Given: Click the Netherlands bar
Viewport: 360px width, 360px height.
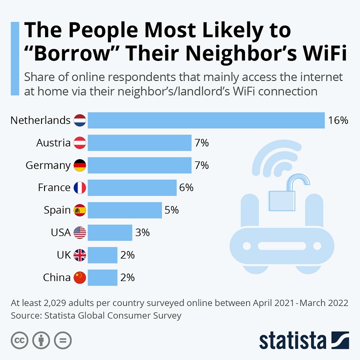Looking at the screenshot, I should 206,120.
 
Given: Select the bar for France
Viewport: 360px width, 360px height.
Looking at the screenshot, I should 132,188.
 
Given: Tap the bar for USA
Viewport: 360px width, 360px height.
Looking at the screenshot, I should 110,232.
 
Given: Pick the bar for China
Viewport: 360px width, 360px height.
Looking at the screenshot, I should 102,277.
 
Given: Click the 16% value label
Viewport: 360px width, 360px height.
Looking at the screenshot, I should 338,120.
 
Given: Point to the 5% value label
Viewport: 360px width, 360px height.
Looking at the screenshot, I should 171,210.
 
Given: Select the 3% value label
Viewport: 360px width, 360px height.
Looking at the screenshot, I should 142,232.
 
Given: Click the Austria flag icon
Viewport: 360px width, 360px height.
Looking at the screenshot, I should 80,143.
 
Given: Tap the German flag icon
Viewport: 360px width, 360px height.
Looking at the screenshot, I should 80,165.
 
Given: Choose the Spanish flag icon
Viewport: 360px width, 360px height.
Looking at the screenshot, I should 80,210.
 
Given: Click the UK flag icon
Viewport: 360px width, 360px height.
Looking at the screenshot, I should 80,255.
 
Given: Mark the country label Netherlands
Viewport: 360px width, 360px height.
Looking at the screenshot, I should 40,120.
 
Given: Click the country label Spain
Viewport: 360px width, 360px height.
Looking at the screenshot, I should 57,210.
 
